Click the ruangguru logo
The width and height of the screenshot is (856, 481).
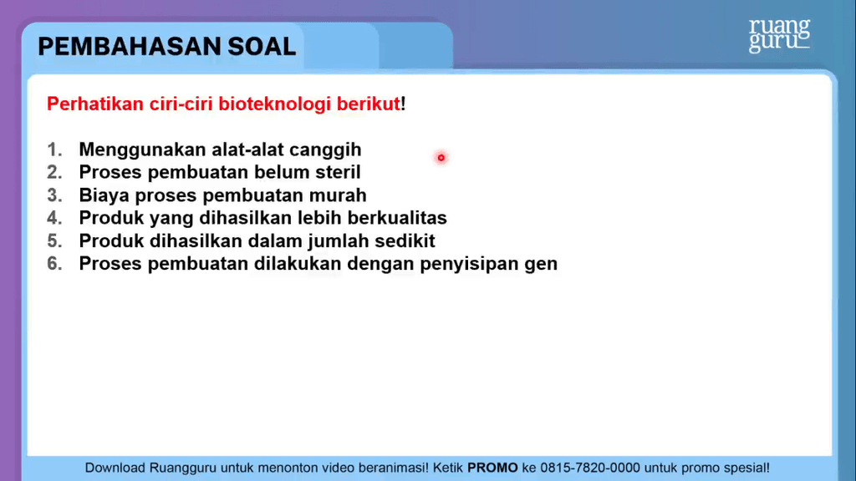[779, 35]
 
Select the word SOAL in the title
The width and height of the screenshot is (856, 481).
[262, 47]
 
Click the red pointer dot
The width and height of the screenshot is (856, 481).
[441, 158]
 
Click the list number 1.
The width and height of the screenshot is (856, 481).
[54, 149]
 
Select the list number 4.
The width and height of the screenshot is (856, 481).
[54, 218]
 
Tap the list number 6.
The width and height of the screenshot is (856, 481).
[54, 263]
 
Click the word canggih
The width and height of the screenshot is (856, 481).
[325, 150]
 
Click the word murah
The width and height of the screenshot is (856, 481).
[338, 195]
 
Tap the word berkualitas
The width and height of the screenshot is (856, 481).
[397, 218]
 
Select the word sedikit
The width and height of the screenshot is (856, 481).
[402, 240]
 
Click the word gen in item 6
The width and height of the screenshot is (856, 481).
[541, 265]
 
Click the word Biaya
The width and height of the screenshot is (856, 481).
[104, 196]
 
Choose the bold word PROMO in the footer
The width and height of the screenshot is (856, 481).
[492, 468]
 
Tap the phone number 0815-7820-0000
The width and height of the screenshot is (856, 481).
[590, 468]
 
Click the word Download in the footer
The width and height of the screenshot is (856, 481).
[115, 468]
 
